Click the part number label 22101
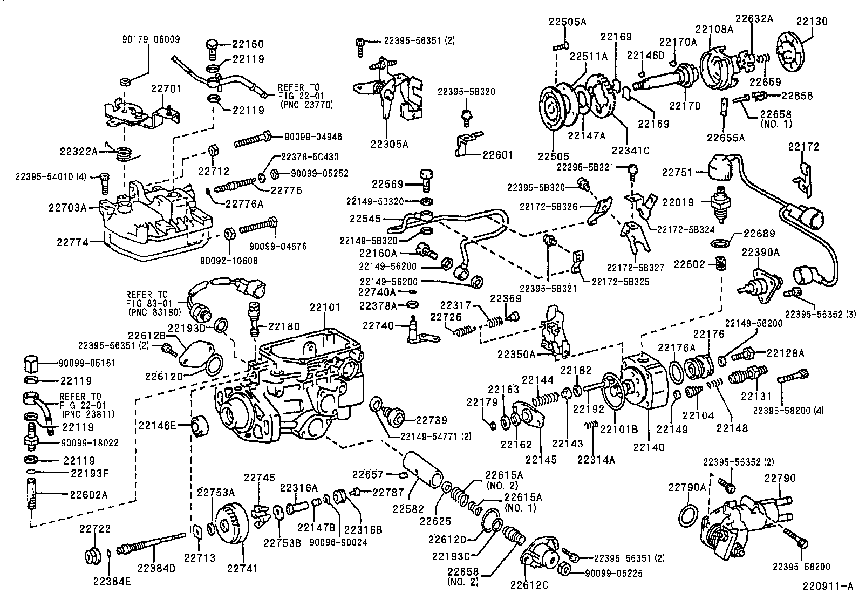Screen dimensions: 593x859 click(325, 308)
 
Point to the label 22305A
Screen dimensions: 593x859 click(389, 144)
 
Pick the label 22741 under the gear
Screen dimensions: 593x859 click(242, 568)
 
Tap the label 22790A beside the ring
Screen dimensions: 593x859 click(687, 487)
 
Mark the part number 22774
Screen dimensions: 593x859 click(72, 243)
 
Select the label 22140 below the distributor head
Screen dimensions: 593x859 click(649, 447)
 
